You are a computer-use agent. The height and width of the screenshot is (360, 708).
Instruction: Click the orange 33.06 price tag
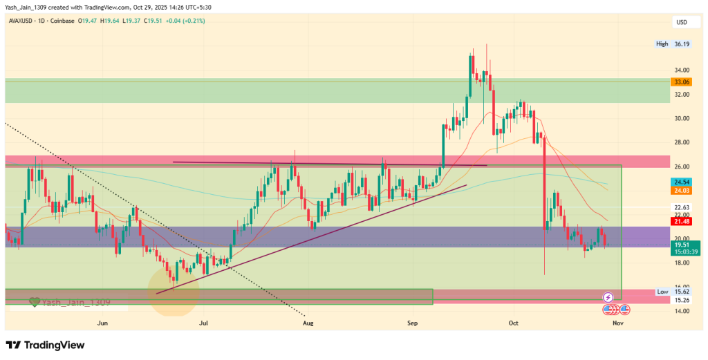pyautogui.click(x=681, y=82)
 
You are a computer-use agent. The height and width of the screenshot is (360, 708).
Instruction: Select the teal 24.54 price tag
pyautogui.click(x=681, y=182)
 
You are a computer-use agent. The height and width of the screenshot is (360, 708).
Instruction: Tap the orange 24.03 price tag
pyautogui.click(x=681, y=190)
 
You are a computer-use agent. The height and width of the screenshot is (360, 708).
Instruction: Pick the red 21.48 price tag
pyautogui.click(x=681, y=220)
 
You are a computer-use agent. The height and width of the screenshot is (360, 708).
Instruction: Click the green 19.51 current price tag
pyautogui.click(x=681, y=244)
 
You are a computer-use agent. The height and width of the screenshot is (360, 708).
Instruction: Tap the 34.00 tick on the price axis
pyautogui.click(x=681, y=70)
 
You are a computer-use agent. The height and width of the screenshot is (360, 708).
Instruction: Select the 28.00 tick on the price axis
pyautogui.click(x=681, y=142)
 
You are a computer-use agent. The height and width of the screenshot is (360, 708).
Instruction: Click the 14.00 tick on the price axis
pyautogui.click(x=681, y=311)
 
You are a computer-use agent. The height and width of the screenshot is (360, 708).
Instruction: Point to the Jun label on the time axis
pyautogui.click(x=103, y=323)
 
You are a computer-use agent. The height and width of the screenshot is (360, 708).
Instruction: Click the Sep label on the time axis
pyautogui.click(x=413, y=323)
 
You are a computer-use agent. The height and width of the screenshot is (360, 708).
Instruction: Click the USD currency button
pyautogui.click(x=681, y=22)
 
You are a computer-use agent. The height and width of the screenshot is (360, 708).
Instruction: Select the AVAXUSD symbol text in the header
pyautogui.click(x=22, y=21)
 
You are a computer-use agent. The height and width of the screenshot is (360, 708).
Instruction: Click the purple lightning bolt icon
pyautogui.click(x=608, y=296)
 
